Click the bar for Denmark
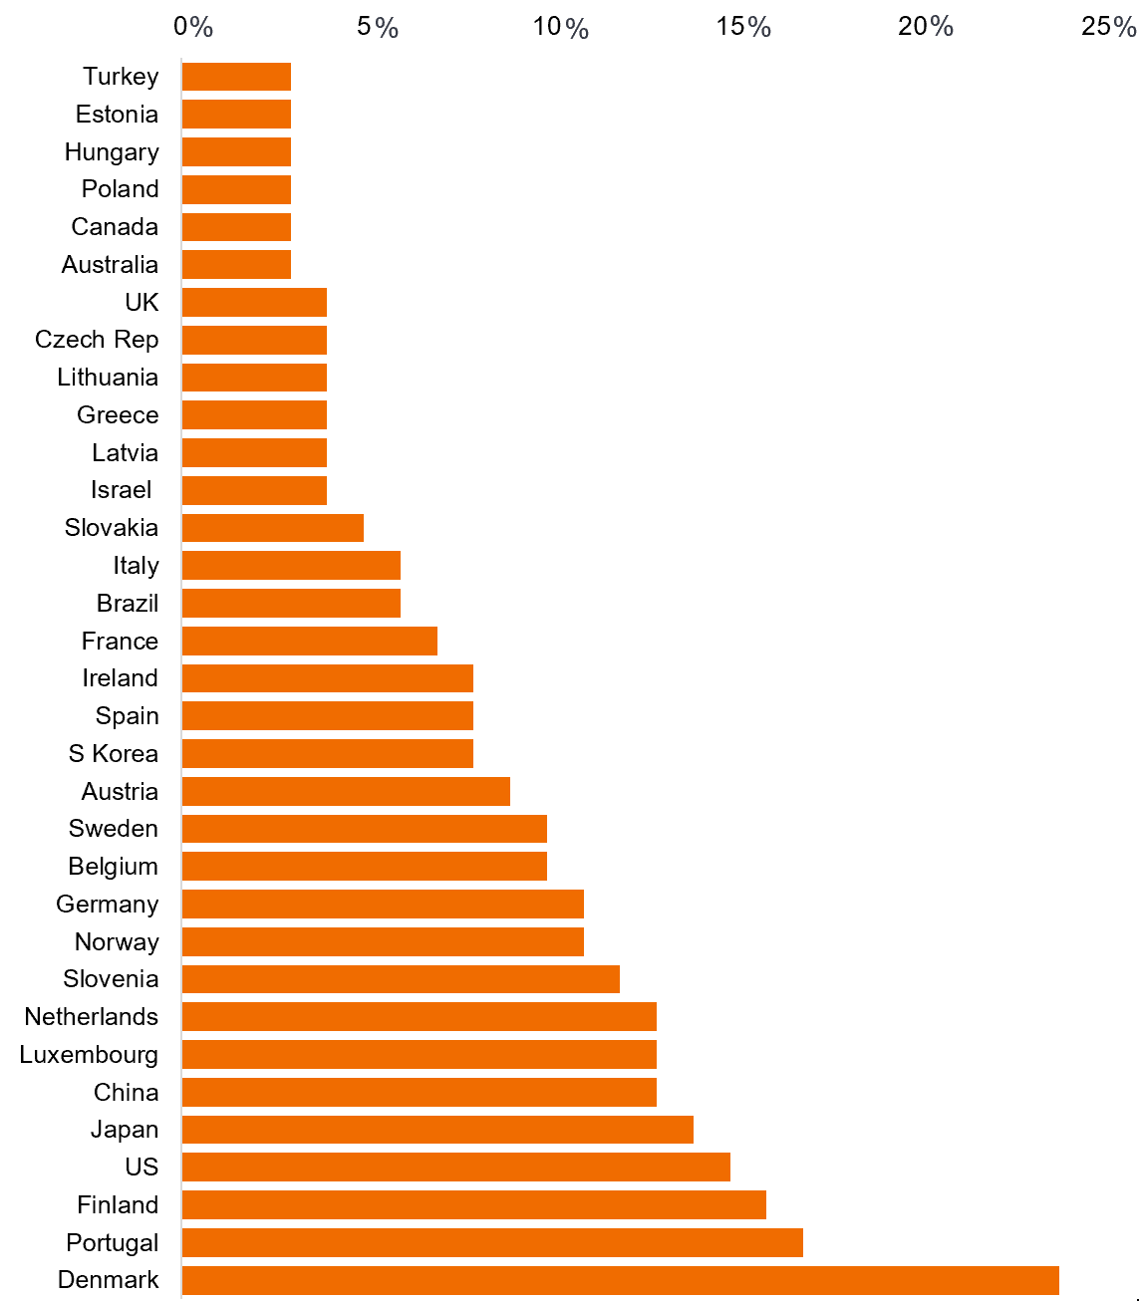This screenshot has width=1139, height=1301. point(620,1280)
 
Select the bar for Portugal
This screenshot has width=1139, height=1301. point(492,1242)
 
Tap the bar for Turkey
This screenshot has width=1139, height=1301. point(236,77)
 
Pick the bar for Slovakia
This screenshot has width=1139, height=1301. point(272,528)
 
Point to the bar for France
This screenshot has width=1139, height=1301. point(309,642)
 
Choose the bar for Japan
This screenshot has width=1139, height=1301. point(437,1130)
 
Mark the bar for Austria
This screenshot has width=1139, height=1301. point(346,792)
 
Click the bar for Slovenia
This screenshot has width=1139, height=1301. point(401,979)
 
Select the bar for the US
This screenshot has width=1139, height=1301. point(455,1168)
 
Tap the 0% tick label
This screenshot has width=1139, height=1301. point(193,27)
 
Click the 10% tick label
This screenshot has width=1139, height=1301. point(561,27)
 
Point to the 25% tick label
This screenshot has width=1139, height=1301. point(1108,27)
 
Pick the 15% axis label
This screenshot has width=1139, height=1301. point(743,27)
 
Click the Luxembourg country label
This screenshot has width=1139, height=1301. point(89,1055)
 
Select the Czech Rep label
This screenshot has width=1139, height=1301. point(97,340)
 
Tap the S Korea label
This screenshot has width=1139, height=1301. point(114,754)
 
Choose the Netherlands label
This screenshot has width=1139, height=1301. point(92,1017)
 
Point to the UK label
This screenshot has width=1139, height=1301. point(142,302)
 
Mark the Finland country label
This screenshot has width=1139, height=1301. point(118,1205)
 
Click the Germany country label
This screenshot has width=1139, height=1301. point(108,905)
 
